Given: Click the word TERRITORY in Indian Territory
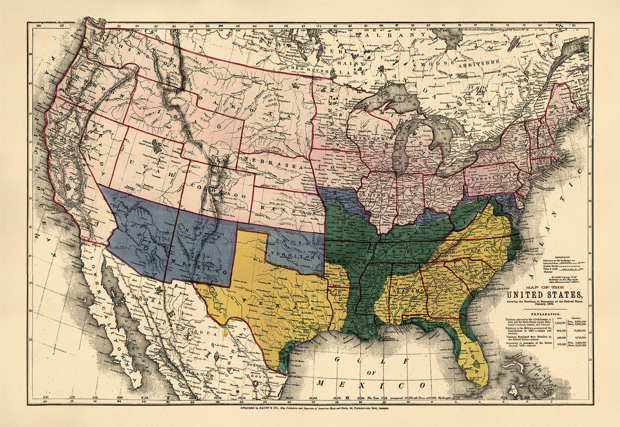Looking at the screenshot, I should click(x=287, y=257).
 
